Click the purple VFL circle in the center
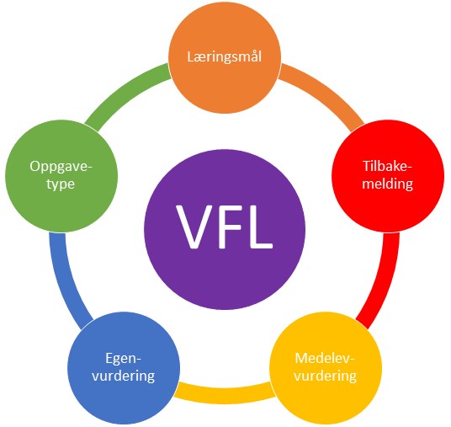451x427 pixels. tap(225, 229)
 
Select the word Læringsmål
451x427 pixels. tap(225, 56)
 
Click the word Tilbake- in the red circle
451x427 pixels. tap(387, 166)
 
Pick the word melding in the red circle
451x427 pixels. tap(387, 184)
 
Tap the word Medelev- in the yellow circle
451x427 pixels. tap(325, 359)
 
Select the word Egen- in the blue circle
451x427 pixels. tap(124, 359)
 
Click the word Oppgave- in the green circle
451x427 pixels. tap(61, 167)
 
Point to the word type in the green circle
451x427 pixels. tap(61, 184)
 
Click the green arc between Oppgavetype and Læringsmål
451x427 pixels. tap(123, 93)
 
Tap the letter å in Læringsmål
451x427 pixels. tap(250, 56)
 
